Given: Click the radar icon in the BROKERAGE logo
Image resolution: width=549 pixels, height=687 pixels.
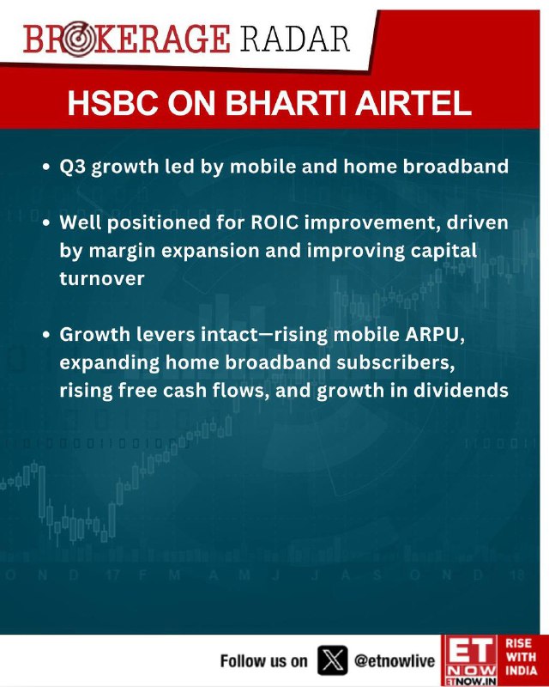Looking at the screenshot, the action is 78,39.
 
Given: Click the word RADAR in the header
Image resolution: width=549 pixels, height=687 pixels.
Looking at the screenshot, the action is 295,39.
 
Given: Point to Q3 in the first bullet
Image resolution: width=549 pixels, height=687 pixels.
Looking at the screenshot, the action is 73,167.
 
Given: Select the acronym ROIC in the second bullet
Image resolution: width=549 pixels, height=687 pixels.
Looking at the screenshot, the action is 275,222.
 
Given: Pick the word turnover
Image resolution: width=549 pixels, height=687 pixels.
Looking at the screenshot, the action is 102,278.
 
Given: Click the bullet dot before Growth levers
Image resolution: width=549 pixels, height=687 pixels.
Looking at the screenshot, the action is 46,335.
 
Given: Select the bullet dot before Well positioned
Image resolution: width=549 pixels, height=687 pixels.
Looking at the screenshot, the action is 46,223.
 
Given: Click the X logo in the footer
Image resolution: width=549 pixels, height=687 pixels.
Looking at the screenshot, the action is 332,660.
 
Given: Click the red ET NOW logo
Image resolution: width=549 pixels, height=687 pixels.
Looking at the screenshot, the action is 471,660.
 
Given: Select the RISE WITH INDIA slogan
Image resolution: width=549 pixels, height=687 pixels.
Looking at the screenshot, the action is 522,657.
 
